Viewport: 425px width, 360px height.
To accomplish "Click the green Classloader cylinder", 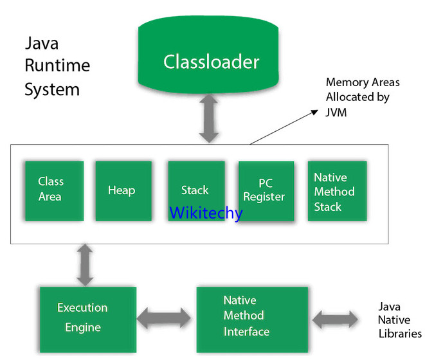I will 210,62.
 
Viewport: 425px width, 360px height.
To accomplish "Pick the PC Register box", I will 266,191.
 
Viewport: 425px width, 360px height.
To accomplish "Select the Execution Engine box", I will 83,317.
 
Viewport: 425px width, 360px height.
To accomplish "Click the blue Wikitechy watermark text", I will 206,213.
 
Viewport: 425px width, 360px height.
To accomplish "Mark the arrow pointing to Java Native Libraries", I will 335,318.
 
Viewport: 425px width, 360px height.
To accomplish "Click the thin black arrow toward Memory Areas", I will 283,127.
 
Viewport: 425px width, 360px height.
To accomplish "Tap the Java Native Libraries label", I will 399,320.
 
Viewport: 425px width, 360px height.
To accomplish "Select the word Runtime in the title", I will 57,66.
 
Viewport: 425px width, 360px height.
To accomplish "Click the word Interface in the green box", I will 246,332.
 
